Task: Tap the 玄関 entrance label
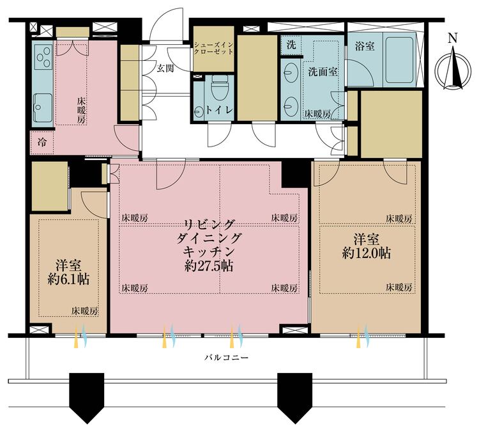coord(165,68)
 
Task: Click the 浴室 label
coord(363,47)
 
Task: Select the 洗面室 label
coord(323,72)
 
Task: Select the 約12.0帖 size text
coord(367,253)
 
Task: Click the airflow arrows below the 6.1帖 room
coord(80,338)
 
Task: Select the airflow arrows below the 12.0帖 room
coord(362,337)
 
